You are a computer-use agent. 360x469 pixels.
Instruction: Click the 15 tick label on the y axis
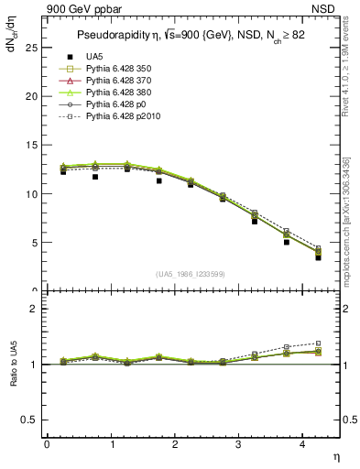tap(31, 145)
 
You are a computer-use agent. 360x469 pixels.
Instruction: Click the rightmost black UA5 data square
tap(318, 257)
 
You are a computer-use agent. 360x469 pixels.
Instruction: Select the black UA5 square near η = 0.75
tap(94, 177)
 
